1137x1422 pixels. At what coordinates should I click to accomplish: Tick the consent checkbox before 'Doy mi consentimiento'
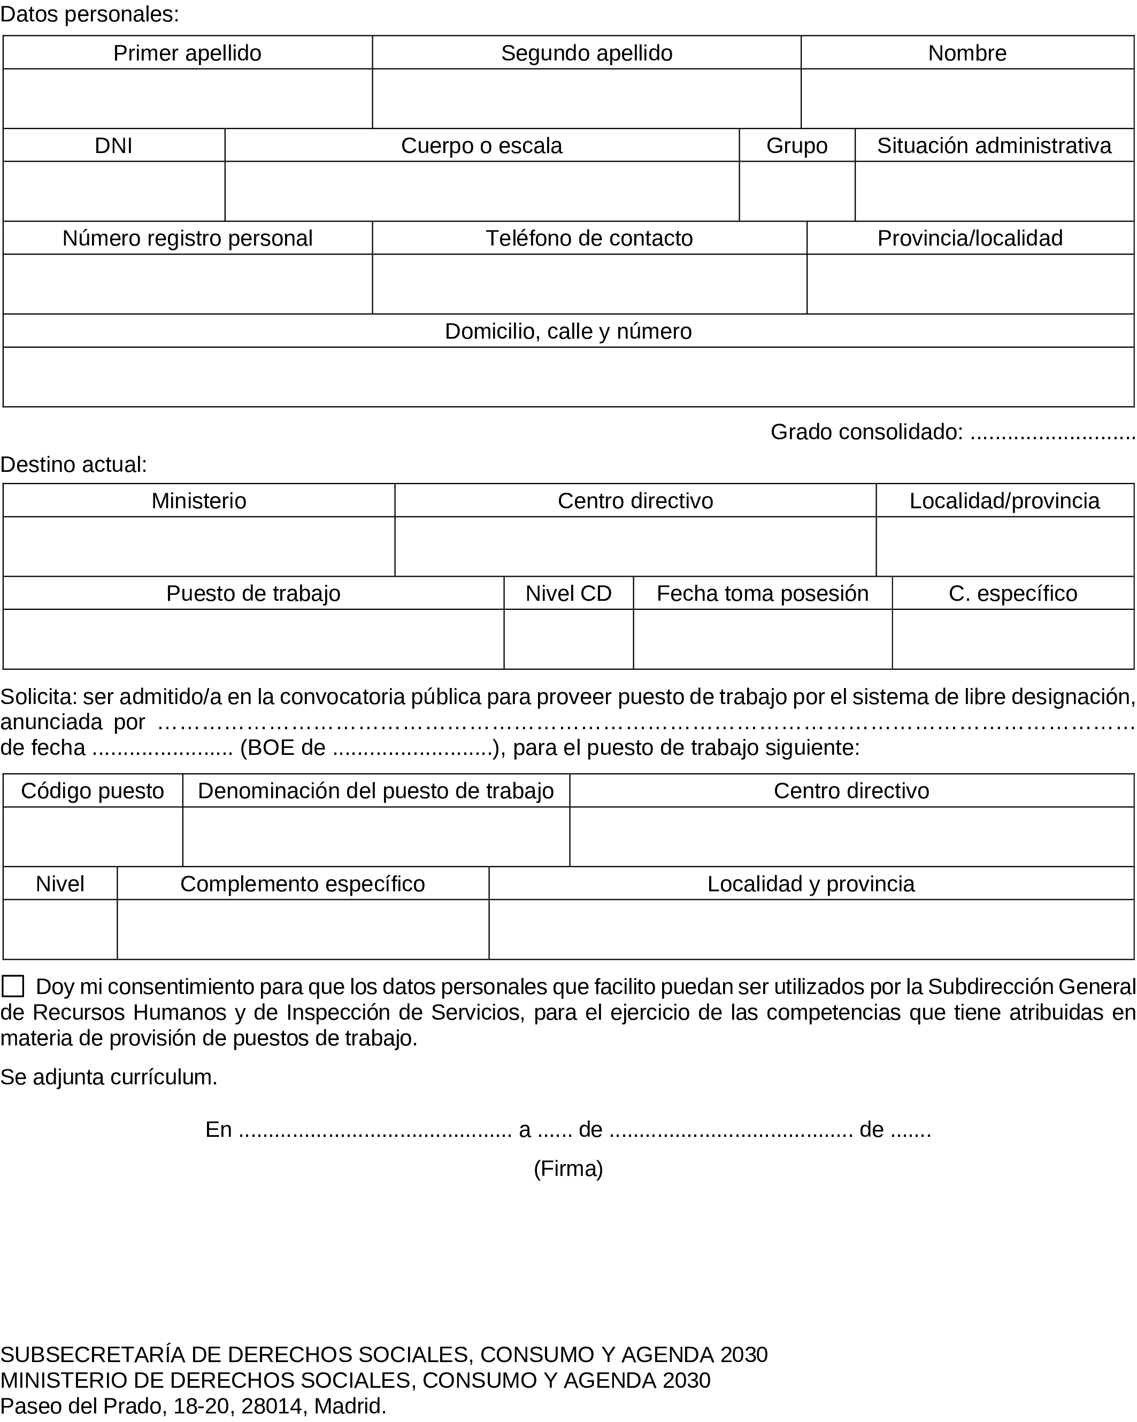coord(13,987)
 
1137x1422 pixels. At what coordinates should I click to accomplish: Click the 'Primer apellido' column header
coord(187,53)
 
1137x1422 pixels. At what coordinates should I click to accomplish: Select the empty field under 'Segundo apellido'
coord(586,98)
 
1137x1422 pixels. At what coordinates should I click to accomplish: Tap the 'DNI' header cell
coord(113,145)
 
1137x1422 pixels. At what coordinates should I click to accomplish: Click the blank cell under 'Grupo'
coord(797,192)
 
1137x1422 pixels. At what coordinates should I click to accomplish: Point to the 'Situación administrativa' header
coord(994,145)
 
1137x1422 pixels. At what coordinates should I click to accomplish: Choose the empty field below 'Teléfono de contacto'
coord(589,284)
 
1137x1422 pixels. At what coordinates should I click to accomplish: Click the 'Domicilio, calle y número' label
coord(568,331)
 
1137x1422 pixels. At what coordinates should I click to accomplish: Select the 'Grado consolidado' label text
coord(866,432)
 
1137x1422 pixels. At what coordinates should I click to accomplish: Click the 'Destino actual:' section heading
coord(74,465)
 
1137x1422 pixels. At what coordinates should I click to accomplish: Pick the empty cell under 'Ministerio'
coord(198,547)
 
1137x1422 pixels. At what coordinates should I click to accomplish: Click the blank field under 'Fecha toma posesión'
coord(763,639)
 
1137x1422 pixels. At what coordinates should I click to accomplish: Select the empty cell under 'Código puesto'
coord(93,837)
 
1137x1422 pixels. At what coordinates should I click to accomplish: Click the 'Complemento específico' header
coord(303,884)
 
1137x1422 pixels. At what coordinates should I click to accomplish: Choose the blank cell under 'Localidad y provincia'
coord(811,929)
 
